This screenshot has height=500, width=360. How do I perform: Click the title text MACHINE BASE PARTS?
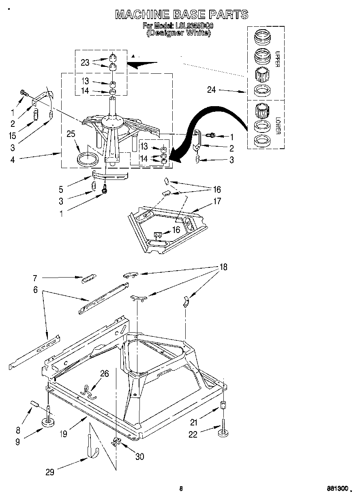(x=181, y=15)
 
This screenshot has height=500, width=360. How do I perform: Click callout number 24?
(x=212, y=90)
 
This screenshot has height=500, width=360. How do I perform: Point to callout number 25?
(x=71, y=134)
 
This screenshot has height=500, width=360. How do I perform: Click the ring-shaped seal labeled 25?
(x=87, y=159)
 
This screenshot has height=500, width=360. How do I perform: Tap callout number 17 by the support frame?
(x=217, y=201)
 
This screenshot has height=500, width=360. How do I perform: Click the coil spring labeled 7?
(x=88, y=279)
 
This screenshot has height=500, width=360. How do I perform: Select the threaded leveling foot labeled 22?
(x=223, y=432)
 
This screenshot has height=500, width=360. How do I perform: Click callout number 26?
(x=105, y=373)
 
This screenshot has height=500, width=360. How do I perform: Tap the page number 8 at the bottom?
(x=181, y=488)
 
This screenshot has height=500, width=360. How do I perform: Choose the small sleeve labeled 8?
(x=34, y=404)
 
